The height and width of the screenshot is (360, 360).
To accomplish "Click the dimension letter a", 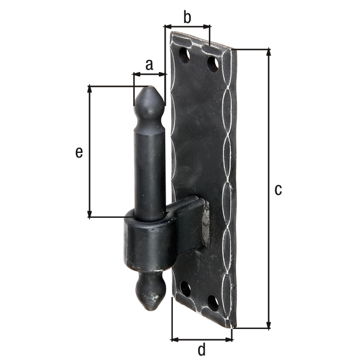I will tap(149, 63).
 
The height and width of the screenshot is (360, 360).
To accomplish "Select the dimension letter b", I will tap(187, 17).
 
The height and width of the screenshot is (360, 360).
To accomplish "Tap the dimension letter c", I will tap(277, 190).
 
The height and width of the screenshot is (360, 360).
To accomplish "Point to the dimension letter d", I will tap(202, 349).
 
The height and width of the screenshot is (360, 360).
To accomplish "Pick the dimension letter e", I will tap(79, 152).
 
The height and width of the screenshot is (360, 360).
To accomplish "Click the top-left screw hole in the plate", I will tap(184, 55).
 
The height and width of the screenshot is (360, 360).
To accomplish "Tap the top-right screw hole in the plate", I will tap(213, 63).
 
